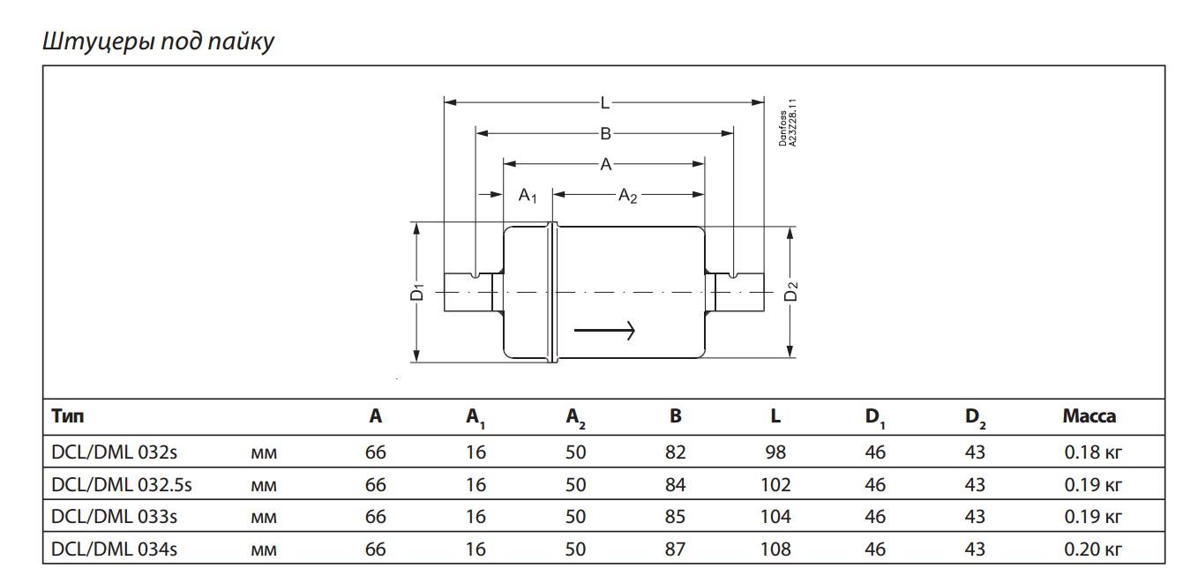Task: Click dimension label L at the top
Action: click(604, 103)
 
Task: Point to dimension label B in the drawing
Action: click(605, 133)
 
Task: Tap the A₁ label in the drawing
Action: click(528, 195)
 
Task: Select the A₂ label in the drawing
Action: click(627, 195)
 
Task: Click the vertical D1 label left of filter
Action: click(418, 292)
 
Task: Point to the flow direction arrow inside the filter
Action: click(604, 331)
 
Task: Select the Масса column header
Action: click(1089, 416)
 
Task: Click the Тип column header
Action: click(68, 416)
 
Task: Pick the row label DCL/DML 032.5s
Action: click(122, 484)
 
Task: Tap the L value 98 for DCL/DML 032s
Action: click(775, 453)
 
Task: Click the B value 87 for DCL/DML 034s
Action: click(675, 549)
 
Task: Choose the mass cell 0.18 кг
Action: click(1092, 453)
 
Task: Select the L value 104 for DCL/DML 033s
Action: click(775, 517)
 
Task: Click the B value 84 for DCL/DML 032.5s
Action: click(675, 484)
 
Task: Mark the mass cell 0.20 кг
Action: click(1092, 549)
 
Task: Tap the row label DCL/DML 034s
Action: click(115, 549)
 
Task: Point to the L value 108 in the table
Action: click(775, 549)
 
